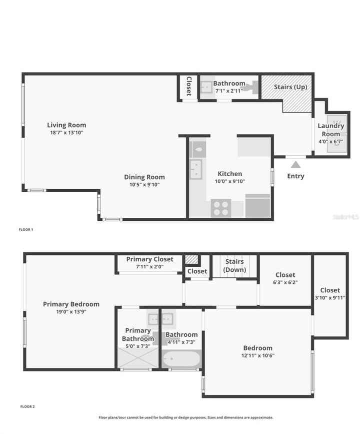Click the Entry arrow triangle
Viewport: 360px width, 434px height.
coord(295,165)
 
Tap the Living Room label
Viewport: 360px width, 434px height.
coord(66,125)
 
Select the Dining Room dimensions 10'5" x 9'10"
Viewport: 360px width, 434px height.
coord(144,185)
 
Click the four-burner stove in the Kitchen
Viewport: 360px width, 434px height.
coord(221,208)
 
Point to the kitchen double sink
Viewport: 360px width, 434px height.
coord(196,169)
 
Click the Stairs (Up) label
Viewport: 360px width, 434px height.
coord(290,87)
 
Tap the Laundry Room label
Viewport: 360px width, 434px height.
coord(331,130)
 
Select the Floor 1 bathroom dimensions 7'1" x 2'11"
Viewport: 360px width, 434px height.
coord(229,91)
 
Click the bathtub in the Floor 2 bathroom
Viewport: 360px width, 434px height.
coord(181,359)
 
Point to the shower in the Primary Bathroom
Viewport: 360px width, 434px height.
coord(138,358)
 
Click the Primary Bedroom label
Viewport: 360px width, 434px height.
coord(71,304)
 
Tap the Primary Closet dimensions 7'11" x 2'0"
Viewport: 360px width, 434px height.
coord(150,267)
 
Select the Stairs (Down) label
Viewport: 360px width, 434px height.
coord(234,266)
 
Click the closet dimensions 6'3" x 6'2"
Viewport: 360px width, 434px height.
coord(285,282)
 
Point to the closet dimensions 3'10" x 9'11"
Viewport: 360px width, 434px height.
coord(330,298)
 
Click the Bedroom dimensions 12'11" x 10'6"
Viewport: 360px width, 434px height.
coord(258,355)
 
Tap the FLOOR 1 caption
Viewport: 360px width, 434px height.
coord(26,229)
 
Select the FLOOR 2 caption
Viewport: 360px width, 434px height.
coord(27,406)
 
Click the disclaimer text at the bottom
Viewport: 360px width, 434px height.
coord(186,417)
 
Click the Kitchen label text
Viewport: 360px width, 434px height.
coord(230,174)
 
